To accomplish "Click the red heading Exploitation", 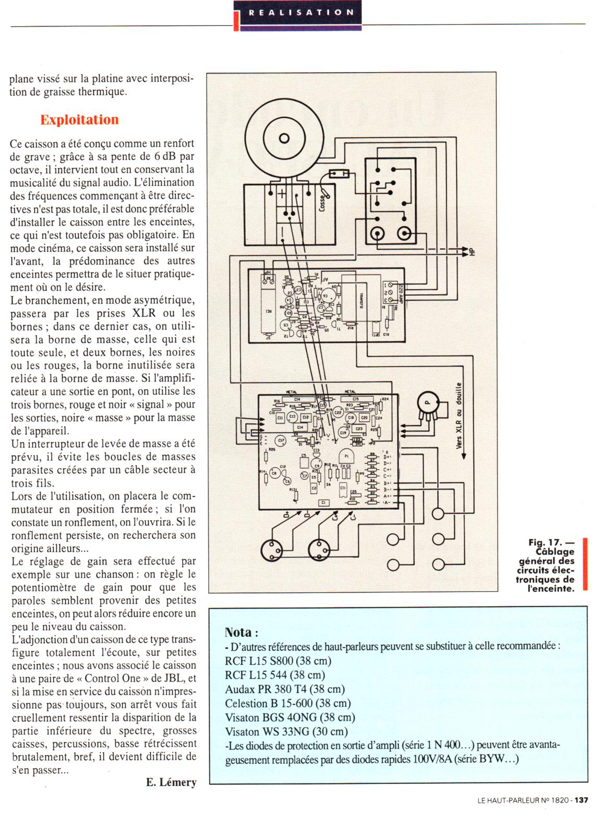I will (79, 120).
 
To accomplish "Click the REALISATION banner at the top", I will (301, 13).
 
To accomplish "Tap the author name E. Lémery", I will (171, 782).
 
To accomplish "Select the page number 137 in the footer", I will (582, 800).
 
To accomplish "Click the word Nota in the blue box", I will (238, 632).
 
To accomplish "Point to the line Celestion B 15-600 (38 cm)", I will (287, 703).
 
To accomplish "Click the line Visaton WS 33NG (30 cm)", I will (286, 731).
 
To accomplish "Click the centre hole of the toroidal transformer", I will (283, 138).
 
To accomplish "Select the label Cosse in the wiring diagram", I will (322, 202).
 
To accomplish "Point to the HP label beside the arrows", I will (472, 251).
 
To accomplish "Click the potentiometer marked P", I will (428, 403).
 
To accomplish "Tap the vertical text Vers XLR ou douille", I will (459, 415).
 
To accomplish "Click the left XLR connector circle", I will (271, 549).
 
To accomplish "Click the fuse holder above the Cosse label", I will (338, 174).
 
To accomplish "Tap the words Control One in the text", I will (112, 678).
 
